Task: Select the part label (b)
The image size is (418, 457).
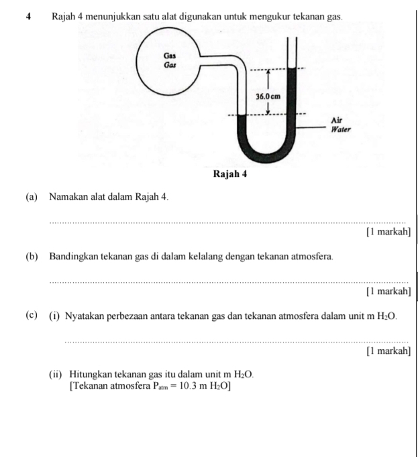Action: (x=32, y=257)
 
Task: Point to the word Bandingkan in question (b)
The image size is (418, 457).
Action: (x=76, y=257)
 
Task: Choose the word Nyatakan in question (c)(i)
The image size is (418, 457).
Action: (x=85, y=316)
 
